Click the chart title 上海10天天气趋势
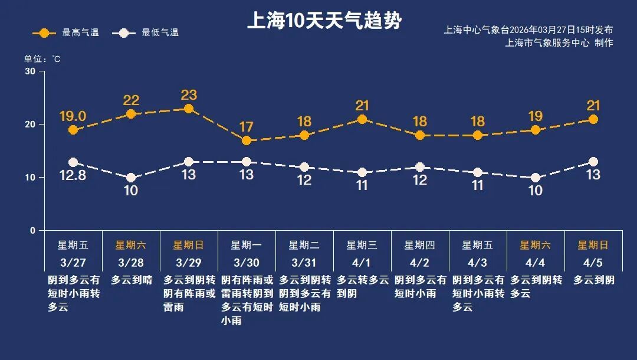pos(324,21)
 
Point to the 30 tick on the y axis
pos(30,71)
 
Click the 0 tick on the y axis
pos(33,231)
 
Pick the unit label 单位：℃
pos(42,59)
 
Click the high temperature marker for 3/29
pos(189,109)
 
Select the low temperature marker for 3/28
pos(131,178)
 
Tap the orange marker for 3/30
pos(247,140)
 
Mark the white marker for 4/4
pos(536,178)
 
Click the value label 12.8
pos(73,175)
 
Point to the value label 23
pos(189,95)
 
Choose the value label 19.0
pos(73,116)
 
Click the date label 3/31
pos(304,262)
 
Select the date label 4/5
pos(593,262)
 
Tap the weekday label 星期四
pos(420,245)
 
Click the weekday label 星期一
pos(247,245)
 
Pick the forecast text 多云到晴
pos(131,280)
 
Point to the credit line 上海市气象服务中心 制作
pos(559,42)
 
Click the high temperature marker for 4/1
pos(362,119)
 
